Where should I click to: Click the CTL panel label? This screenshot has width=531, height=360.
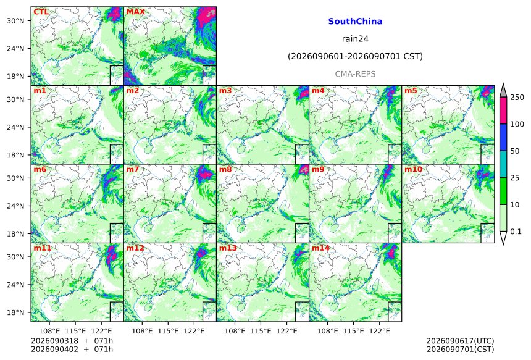pos(41,12)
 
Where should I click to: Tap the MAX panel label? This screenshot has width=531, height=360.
pos(135,12)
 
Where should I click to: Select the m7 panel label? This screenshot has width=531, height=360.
pos(132,169)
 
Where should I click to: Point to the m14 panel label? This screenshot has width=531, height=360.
pos(320,248)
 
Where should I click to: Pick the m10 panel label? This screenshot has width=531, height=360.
pos(413,169)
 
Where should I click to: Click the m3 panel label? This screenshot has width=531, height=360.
pos(225,91)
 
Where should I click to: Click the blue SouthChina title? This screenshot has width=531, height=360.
pos(355,22)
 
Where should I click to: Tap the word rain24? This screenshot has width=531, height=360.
pos(355,39)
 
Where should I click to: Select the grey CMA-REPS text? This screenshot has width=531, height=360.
pos(355,74)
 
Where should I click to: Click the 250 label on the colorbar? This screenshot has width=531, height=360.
pos(517,98)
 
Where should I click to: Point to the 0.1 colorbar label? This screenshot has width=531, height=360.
pos(516,232)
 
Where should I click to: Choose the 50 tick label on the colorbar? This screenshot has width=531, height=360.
pos(515,151)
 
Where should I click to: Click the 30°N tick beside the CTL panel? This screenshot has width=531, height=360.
pos(15,20)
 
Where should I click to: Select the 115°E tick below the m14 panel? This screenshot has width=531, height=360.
pos(354,331)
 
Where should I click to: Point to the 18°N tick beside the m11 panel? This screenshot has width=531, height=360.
pos(15,312)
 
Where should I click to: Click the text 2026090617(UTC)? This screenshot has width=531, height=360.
pos(460,341)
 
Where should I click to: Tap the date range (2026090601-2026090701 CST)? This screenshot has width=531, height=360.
pos(355,56)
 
